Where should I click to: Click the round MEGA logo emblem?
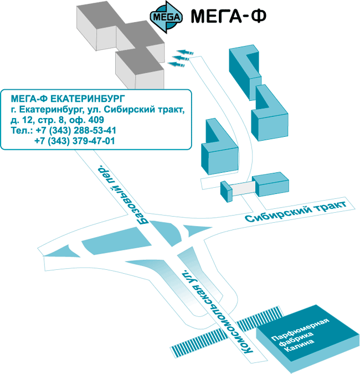click(166, 17)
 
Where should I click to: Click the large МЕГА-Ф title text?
click(228, 16)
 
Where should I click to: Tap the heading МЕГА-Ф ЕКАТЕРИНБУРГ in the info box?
click(68, 98)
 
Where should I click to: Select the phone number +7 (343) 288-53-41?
click(76, 130)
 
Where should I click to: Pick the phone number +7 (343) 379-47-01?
click(75, 141)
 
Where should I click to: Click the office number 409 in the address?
click(96, 120)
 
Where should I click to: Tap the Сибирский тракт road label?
click(296, 211)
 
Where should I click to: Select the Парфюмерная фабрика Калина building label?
click(300, 334)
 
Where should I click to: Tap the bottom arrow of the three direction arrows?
click(176, 64)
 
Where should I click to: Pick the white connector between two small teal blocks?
click(242, 188)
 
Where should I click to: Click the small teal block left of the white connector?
click(227, 192)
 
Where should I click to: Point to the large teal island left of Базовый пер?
click(116, 241)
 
